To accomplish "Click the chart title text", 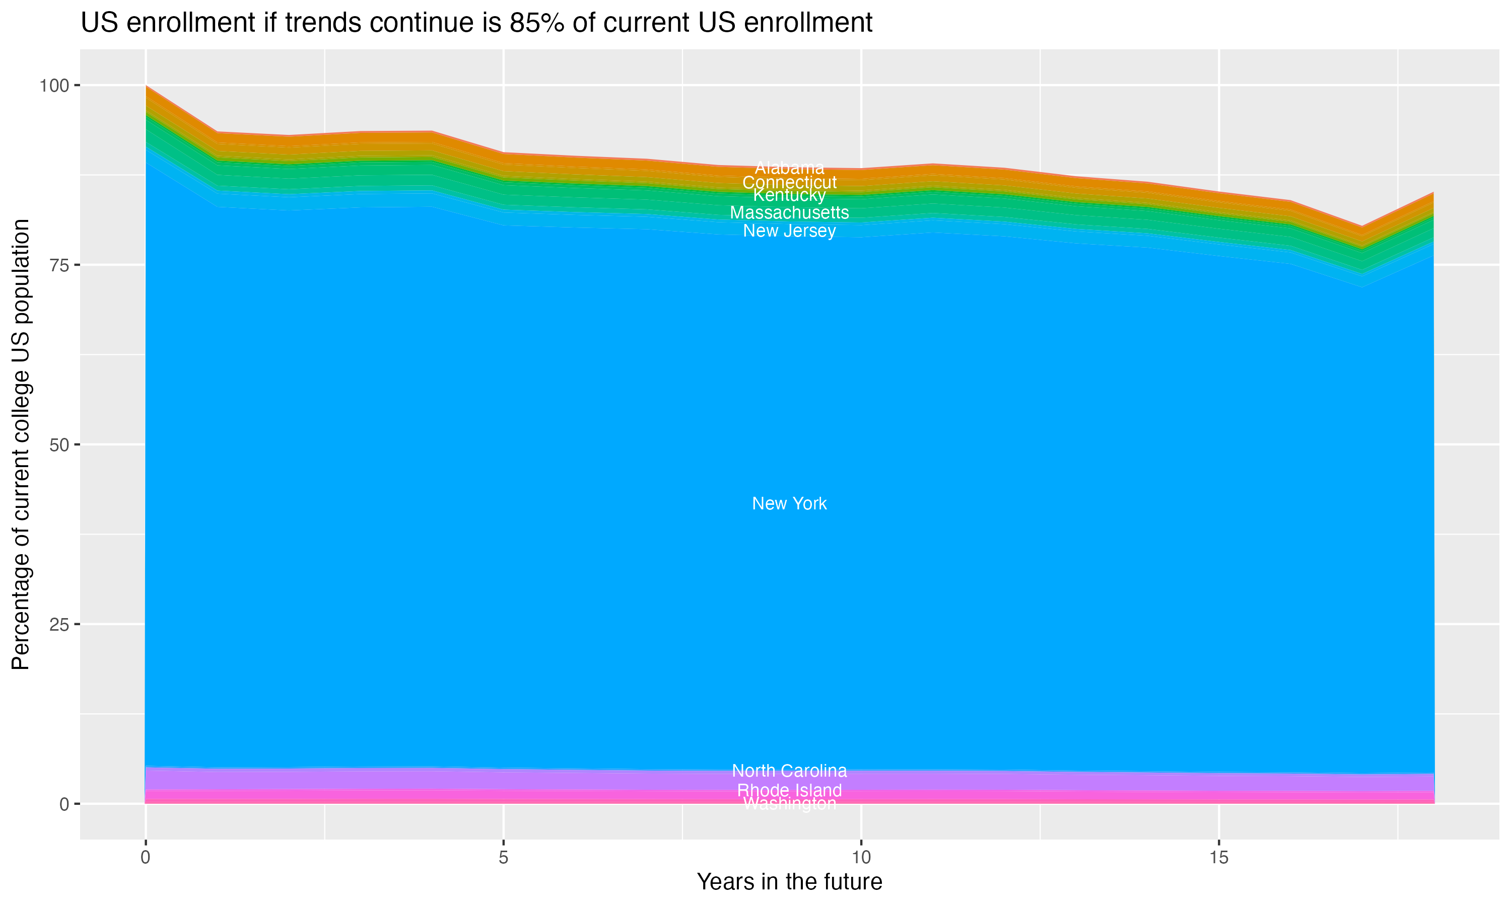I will (476, 23).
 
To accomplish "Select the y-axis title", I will (21, 444).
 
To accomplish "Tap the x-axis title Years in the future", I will (789, 881).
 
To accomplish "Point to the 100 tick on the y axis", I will (54, 86).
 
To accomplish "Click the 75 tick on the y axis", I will (59, 265).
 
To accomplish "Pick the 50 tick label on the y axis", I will (59, 444).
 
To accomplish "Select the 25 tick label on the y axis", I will (59, 624).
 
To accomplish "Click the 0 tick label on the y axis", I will (64, 804).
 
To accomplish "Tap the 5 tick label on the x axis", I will (503, 858).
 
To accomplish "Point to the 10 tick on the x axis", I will (861, 858).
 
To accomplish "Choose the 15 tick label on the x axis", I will (1218, 858).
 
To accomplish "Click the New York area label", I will (789, 504).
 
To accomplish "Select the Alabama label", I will (789, 167).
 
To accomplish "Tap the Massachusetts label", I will (789, 212).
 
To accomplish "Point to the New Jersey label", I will (789, 231).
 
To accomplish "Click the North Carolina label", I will (789, 771).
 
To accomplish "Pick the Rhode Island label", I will (789, 790).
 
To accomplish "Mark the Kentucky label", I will (789, 195).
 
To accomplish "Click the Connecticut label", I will (789, 182).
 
